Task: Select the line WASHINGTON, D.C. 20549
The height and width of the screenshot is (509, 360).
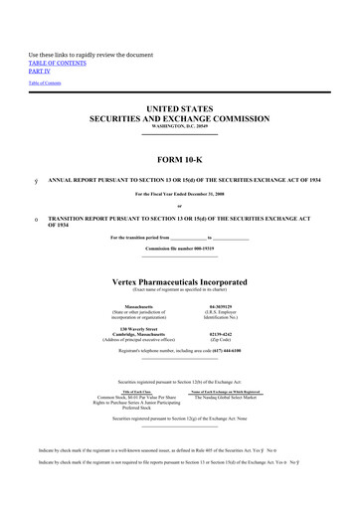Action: pyautogui.click(x=179, y=125)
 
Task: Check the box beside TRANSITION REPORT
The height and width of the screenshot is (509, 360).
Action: pyautogui.click(x=36, y=218)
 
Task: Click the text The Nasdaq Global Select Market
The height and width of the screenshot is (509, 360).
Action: pyautogui.click(x=232, y=398)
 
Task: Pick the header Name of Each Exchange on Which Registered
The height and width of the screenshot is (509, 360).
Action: pyautogui.click(x=232, y=392)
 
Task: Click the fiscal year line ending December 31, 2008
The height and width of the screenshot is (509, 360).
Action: pyautogui.click(x=179, y=192)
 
